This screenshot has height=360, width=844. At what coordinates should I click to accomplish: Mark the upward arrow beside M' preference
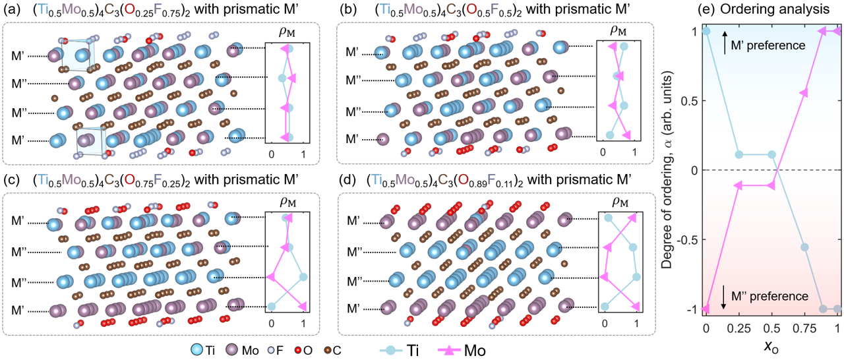[725, 44]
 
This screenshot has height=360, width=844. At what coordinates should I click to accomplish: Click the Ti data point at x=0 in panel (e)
[706, 31]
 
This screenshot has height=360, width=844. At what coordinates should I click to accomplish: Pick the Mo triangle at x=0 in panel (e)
[706, 309]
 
